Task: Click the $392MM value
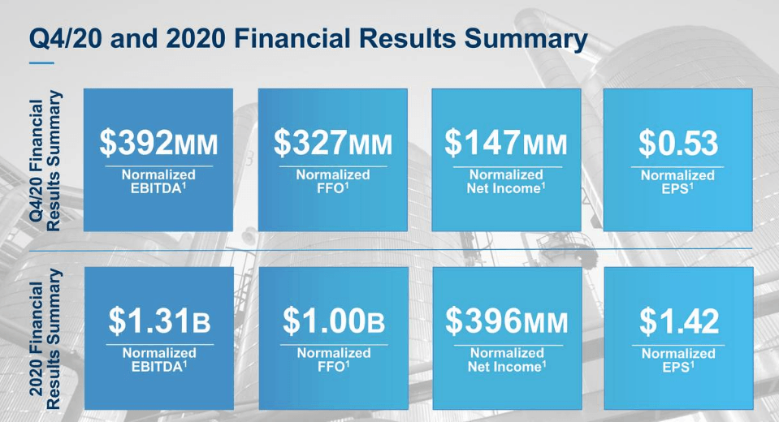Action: point(158,143)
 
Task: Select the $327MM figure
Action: point(333,143)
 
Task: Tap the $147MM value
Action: point(506,143)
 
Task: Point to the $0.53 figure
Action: point(678,143)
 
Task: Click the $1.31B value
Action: point(159,321)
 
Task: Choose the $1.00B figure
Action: point(334,321)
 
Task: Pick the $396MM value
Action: point(507,321)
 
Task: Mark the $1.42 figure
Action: point(678,321)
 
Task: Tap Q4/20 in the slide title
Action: point(66,39)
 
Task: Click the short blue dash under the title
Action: point(41,63)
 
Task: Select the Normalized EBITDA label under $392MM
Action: point(158,182)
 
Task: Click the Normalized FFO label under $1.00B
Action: point(334,360)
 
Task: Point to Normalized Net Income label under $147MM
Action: point(506,182)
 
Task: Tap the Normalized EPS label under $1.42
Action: point(678,360)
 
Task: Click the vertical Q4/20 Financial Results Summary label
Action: point(45,161)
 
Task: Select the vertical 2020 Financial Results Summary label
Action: point(45,339)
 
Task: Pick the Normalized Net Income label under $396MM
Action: point(507,360)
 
